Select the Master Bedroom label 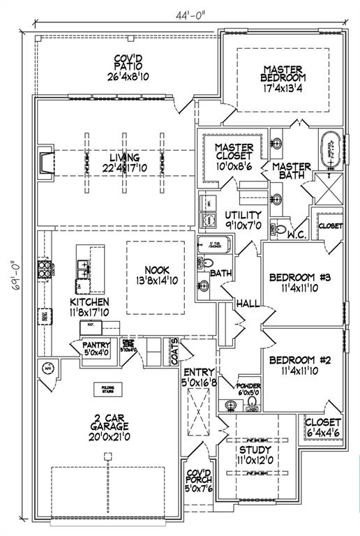[283, 79]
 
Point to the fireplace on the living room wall [45, 161]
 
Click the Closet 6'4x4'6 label [324, 427]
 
